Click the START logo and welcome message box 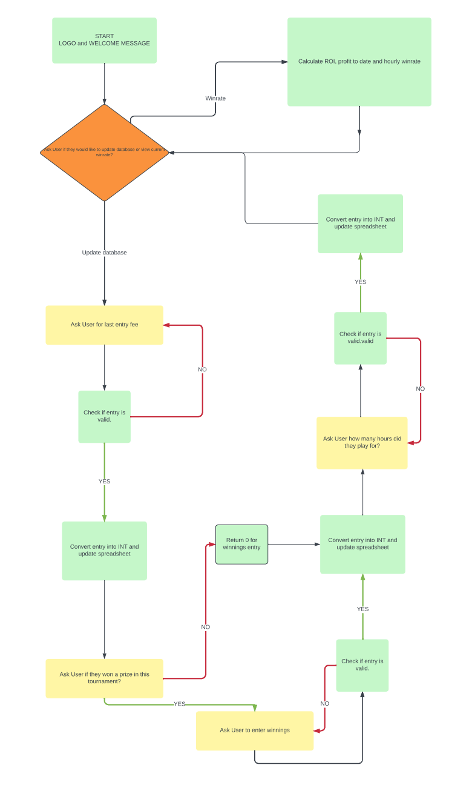(x=104, y=40)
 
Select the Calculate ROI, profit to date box (x=359, y=62)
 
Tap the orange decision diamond (x=104, y=152)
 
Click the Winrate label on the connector (x=215, y=98)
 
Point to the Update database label (x=104, y=253)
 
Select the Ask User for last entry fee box (x=104, y=325)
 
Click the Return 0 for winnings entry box (x=241, y=544)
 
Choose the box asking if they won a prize (x=104, y=678)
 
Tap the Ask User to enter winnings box (x=254, y=730)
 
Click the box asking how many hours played (x=362, y=442)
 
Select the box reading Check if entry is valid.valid (x=360, y=338)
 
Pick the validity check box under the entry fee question (x=104, y=416)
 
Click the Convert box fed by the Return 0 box (x=362, y=544)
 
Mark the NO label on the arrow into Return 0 (x=206, y=627)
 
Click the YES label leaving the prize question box (x=180, y=704)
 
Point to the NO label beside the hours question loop (x=420, y=389)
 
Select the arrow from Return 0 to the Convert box (x=293, y=544)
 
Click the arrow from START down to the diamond (x=104, y=84)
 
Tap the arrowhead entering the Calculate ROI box (x=284, y=62)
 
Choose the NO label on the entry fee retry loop (x=202, y=369)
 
